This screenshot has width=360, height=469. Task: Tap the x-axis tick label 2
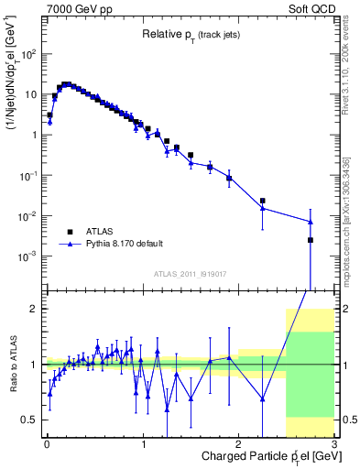point(238,444)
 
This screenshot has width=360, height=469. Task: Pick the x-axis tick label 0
point(47,444)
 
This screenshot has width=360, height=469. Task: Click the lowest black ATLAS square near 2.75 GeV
point(311,240)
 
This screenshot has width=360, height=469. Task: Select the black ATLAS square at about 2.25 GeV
point(263,201)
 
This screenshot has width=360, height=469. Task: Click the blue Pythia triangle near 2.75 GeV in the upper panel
point(311,222)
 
